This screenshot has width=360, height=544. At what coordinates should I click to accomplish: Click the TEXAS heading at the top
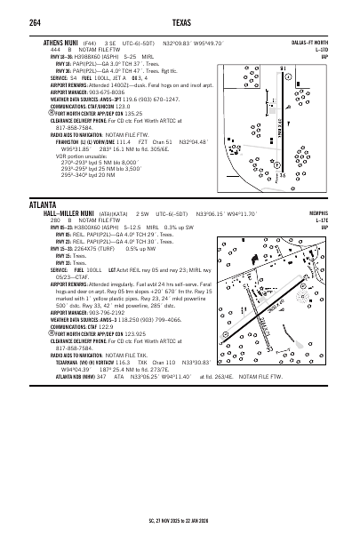(178, 21)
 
